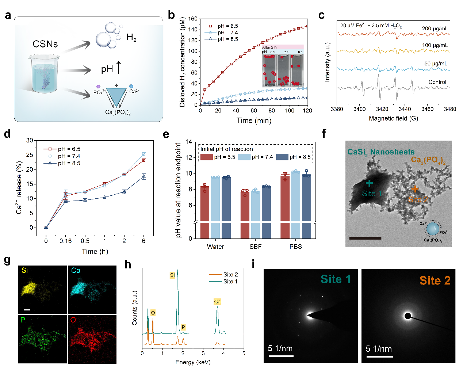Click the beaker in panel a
click(x=44, y=73)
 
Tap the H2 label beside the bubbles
click(x=131, y=37)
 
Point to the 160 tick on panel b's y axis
click(x=193, y=19)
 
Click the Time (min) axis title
click(x=254, y=121)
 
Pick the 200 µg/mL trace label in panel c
click(x=435, y=28)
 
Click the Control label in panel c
click(x=437, y=82)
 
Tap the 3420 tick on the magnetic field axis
click(x=382, y=109)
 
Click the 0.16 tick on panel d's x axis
click(x=66, y=241)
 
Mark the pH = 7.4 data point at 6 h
click(x=144, y=154)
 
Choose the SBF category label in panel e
click(x=256, y=247)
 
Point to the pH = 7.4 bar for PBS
click(x=296, y=197)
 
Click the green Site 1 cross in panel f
click(x=369, y=183)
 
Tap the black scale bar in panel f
click(x=365, y=238)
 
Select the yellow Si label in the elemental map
click(x=24, y=270)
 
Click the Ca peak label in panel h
click(x=217, y=302)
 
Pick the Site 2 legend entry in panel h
click(x=230, y=274)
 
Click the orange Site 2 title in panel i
click(x=435, y=280)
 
